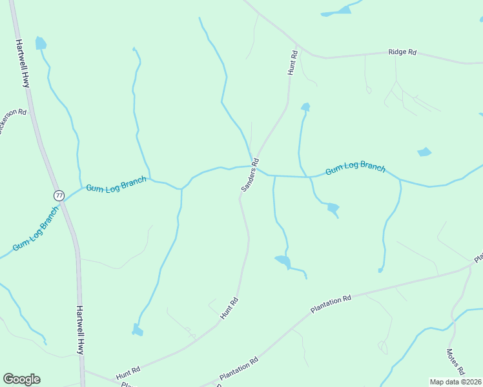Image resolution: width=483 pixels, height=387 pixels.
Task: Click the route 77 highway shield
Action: pyautogui.click(x=59, y=195)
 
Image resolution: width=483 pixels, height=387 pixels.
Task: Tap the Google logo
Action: pyautogui.click(x=21, y=379)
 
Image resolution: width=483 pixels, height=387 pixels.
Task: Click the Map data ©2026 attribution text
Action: pyautogui.click(x=455, y=382)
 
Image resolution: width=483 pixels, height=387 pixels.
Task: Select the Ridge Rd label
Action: pyautogui.click(x=402, y=52)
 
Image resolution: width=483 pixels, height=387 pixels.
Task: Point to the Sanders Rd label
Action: pyautogui.click(x=250, y=175)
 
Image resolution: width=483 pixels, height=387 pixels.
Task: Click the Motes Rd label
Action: pyautogui.click(x=455, y=362)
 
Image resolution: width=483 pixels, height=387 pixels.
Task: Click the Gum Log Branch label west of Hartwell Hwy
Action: pyautogui.click(x=36, y=230)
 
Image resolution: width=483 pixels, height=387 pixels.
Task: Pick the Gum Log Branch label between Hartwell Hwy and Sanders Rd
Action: pyautogui.click(x=116, y=184)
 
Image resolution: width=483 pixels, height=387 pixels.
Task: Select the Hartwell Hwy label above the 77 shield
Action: pyautogui.click(x=23, y=64)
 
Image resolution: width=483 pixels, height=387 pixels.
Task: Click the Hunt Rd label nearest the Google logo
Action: pyautogui.click(x=128, y=373)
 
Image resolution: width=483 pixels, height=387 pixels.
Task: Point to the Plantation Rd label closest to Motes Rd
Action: pyautogui.click(x=331, y=304)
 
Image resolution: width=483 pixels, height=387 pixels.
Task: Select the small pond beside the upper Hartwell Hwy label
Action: pyautogui.click(x=41, y=44)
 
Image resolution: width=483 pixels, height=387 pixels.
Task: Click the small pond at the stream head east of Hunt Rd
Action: pyautogui.click(x=305, y=106)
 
